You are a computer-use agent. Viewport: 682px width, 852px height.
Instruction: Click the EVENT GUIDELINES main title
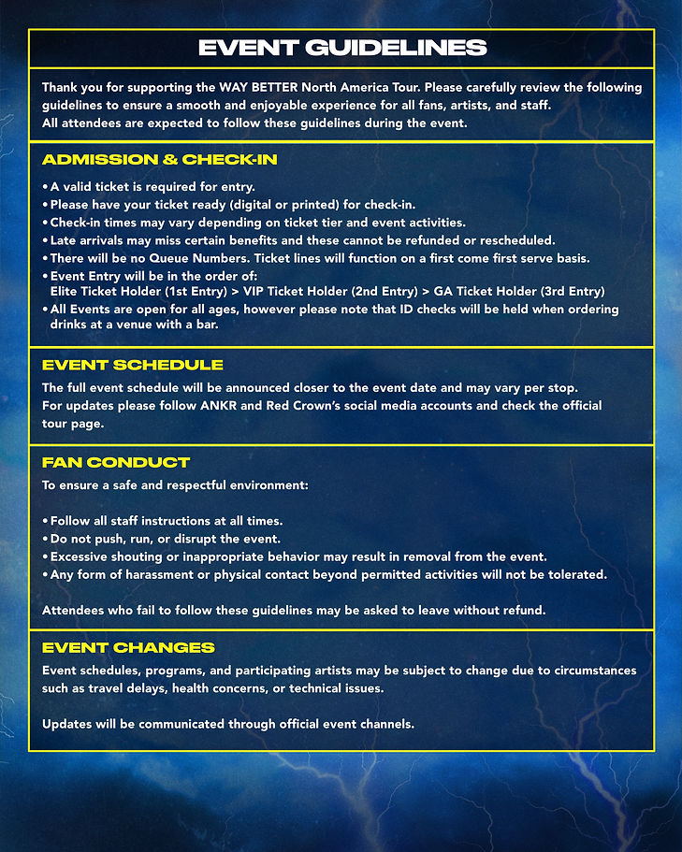tap(341, 49)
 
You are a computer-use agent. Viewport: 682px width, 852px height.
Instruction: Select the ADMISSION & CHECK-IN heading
tap(159, 160)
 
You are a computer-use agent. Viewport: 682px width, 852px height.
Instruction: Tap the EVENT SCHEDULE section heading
tap(132, 365)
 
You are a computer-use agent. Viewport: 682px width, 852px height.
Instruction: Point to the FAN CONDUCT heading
tap(116, 463)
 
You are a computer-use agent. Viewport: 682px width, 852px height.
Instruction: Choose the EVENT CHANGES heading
tap(128, 647)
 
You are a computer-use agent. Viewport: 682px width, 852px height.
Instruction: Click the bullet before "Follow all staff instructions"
tap(45, 521)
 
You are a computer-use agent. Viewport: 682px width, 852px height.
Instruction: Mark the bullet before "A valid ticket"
tap(45, 186)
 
